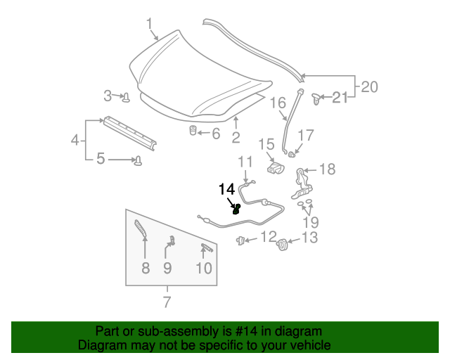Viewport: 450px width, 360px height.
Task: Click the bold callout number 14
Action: tap(227, 189)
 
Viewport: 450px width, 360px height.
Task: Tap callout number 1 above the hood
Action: tap(150, 26)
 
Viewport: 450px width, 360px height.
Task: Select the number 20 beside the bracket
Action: tap(369, 87)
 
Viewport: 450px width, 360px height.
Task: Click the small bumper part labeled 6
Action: tap(192, 131)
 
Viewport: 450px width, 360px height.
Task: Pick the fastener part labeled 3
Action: tap(126, 96)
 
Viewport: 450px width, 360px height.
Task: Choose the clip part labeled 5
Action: tap(139, 160)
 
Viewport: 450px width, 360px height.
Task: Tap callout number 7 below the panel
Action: tap(167, 303)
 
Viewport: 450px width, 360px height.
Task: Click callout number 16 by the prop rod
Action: tap(277, 104)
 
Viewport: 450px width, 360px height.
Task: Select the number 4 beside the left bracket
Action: tap(75, 141)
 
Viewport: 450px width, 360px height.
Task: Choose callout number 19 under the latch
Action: tap(310, 224)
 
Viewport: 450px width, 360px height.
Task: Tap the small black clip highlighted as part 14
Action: tap(236, 208)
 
